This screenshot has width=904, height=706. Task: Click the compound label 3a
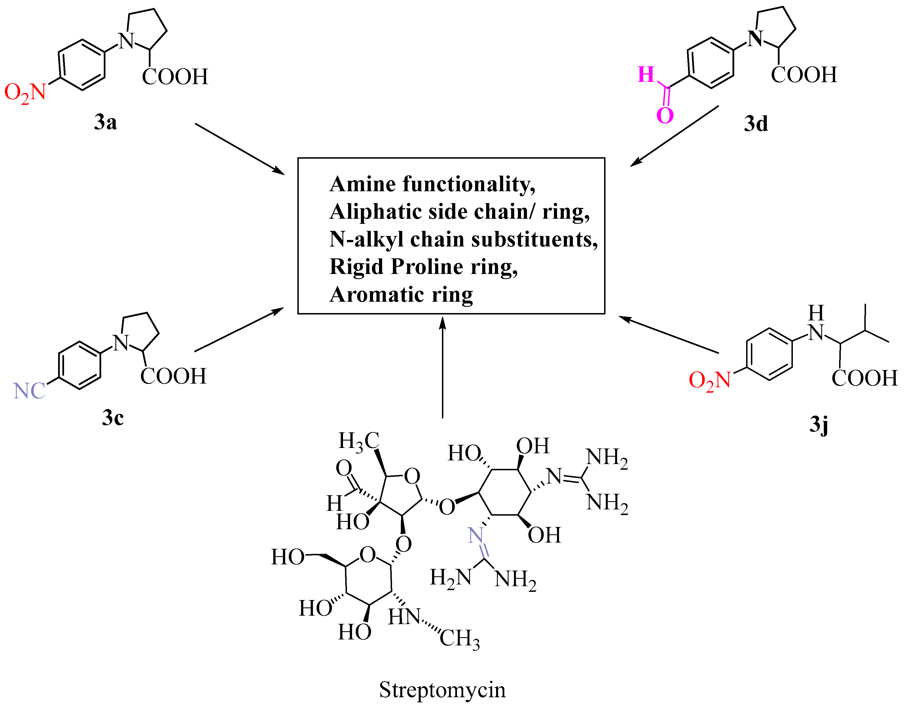(105, 122)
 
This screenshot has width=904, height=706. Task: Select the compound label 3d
(756, 124)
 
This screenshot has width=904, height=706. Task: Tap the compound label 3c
(113, 417)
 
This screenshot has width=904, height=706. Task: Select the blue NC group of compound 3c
(29, 391)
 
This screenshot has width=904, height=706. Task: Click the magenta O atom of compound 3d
(665, 115)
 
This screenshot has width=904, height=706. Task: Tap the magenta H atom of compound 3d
(646, 75)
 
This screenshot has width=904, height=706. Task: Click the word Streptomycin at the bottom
(442, 690)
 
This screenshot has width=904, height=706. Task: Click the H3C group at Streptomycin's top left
(359, 441)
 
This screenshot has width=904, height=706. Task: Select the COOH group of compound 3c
(173, 376)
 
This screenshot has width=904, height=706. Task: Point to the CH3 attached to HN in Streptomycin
(460, 638)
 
